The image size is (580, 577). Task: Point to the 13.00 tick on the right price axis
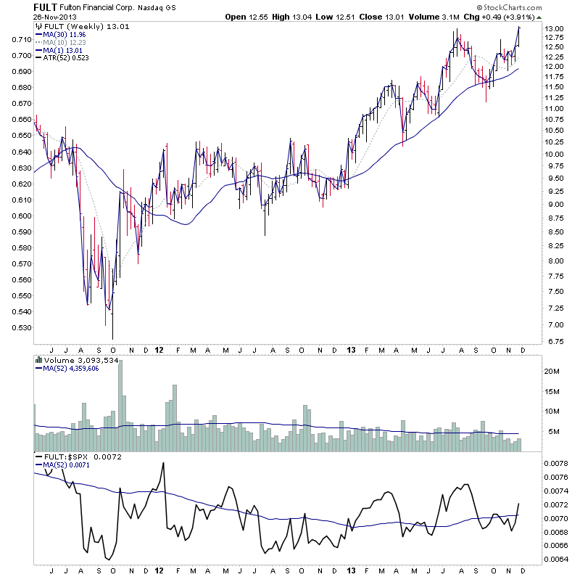click(x=555, y=29)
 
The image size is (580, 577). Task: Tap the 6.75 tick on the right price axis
click(x=555, y=339)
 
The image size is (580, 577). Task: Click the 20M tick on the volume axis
click(x=552, y=371)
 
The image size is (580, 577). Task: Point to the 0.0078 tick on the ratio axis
click(x=555, y=463)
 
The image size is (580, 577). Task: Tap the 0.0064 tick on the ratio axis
click(x=555, y=559)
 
